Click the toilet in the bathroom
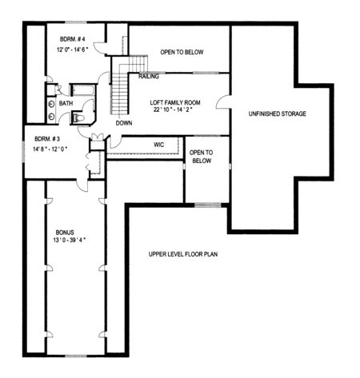[78, 117]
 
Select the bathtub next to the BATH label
[83, 90]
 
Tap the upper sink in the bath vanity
[51, 104]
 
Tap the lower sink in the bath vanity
[51, 116]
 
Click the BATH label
[66, 103]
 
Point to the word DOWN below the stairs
[124, 123]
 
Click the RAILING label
[149, 77]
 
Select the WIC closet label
[159, 145]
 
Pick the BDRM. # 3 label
[47, 139]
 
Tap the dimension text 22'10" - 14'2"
[173, 109]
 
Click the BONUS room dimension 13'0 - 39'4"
[69, 240]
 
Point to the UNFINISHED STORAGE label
[278, 113]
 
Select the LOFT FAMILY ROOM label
[175, 102]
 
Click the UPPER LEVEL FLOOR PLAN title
[183, 254]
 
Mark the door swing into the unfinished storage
[223, 101]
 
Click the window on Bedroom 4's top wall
[76, 22]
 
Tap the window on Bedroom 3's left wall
[23, 151]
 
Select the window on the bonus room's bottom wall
[76, 356]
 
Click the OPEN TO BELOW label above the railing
[182, 52]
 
